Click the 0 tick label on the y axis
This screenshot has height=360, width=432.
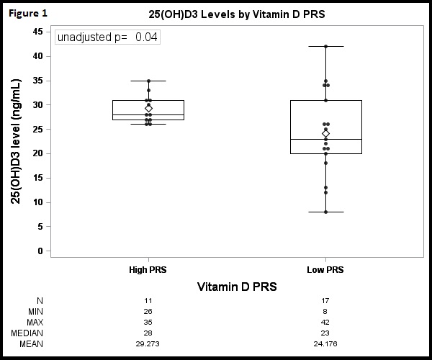(x=40, y=251)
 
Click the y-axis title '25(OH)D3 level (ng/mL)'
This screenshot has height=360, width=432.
(x=15, y=142)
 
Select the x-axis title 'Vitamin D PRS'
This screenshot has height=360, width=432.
(x=237, y=287)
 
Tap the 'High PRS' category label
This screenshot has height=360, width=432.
(x=148, y=270)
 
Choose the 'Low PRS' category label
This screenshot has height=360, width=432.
(x=325, y=270)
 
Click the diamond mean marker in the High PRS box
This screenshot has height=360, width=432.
(x=148, y=108)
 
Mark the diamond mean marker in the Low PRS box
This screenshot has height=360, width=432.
(x=325, y=133)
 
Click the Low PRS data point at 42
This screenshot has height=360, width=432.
(x=325, y=46)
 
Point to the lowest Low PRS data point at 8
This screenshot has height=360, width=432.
(x=325, y=212)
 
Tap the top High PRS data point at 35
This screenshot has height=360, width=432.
(x=148, y=81)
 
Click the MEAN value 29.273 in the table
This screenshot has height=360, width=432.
(x=148, y=344)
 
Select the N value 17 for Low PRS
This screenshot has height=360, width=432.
(x=325, y=300)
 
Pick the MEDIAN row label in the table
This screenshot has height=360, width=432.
(x=27, y=333)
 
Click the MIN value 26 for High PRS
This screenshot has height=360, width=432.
(x=148, y=311)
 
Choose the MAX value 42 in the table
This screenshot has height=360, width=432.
(x=325, y=322)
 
